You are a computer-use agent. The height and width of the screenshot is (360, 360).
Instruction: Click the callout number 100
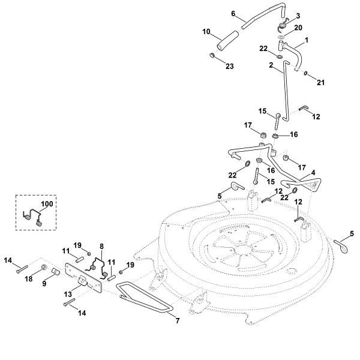tap(47, 204)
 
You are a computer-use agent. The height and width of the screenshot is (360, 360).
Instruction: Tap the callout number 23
tap(229, 66)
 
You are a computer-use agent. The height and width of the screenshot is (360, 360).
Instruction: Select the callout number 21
tap(320, 82)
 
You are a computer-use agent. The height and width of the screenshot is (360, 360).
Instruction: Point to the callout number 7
tap(177, 321)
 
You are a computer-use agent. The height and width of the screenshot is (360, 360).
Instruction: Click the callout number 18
tap(29, 279)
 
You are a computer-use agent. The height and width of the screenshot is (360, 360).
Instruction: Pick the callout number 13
tap(68, 294)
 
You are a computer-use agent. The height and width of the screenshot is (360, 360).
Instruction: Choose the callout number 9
tap(44, 284)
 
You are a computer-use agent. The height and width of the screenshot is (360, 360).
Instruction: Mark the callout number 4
tap(313, 172)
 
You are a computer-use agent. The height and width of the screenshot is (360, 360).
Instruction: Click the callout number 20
tap(298, 28)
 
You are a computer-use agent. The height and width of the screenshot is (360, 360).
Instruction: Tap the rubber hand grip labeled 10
tap(227, 40)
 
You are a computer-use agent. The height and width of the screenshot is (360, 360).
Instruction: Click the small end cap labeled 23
tap(212, 55)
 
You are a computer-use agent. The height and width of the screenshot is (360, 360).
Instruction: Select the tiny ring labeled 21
tap(305, 73)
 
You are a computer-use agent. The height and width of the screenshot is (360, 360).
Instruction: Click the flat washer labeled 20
tap(280, 37)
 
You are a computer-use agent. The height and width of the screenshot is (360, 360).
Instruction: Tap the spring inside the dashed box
tap(32, 217)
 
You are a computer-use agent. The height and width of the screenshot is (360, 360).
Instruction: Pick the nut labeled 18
tap(44, 267)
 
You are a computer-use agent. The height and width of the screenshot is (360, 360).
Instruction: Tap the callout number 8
tap(101, 247)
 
